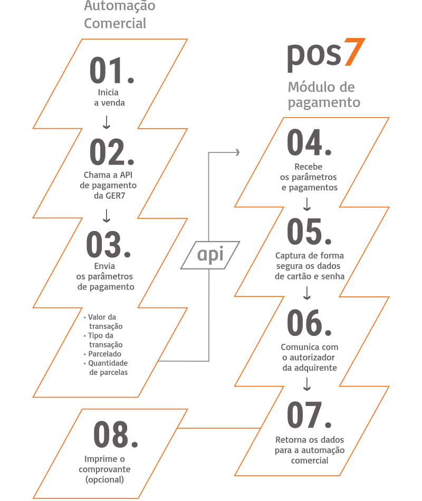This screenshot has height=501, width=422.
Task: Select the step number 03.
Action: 111,244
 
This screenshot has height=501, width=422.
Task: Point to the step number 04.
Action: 309,144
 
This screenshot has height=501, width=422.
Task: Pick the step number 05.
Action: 309,232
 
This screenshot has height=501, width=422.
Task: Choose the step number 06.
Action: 309,323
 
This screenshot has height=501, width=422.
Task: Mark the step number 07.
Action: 309,416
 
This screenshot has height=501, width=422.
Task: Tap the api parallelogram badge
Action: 210,255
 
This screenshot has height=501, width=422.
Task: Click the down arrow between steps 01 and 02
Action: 107,123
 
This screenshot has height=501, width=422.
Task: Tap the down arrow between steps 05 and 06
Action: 308,294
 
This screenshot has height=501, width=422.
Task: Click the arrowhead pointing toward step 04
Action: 237,152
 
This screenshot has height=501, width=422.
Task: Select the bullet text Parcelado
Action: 104,354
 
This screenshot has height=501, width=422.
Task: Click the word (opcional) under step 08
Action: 104,479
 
